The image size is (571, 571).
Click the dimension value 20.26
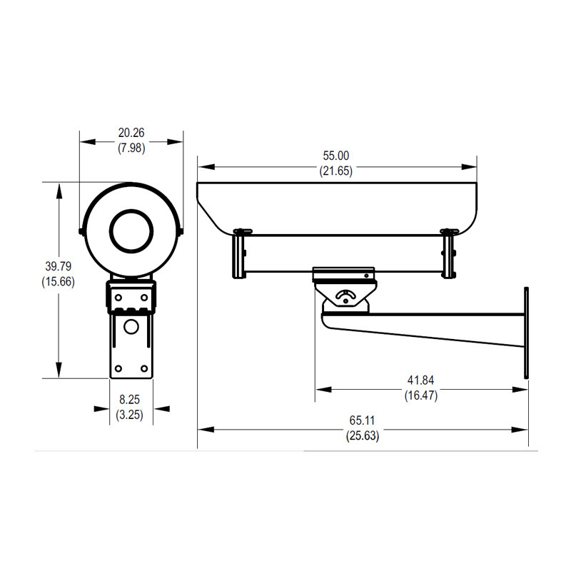[131, 132]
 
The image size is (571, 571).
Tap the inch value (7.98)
[131, 148]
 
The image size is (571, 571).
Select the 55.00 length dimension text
[335, 156]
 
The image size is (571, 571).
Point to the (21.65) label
[335, 171]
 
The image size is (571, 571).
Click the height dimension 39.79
[59, 266]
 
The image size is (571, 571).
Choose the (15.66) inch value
[59, 282]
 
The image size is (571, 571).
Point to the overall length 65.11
[363, 420]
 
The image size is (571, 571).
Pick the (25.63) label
[363, 435]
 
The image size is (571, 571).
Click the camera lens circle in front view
[131, 230]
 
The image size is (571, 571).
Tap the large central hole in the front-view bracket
[131, 327]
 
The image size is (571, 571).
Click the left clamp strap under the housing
[239, 255]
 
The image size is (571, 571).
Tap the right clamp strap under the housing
[449, 255]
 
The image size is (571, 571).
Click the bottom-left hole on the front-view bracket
[118, 368]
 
